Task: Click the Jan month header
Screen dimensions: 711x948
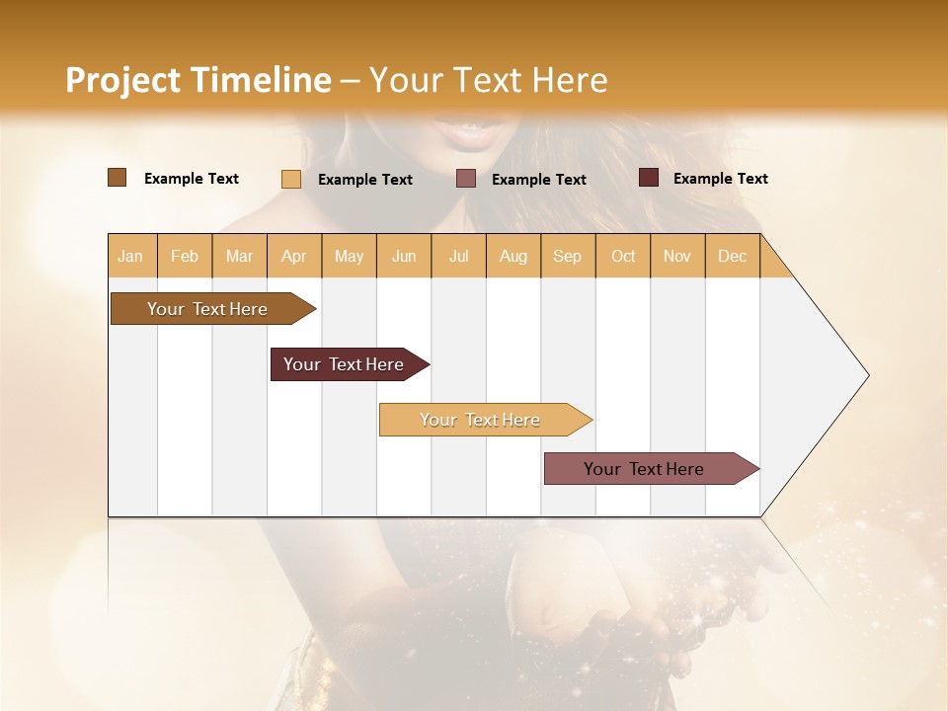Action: [131, 256]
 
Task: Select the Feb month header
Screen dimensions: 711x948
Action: [185, 256]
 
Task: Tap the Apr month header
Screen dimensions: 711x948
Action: [294, 256]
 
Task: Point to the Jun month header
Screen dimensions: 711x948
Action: [404, 256]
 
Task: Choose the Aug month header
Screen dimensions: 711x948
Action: [513, 256]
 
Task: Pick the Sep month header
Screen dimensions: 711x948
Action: [568, 256]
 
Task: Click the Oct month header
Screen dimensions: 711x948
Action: [623, 256]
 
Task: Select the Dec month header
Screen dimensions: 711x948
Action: [733, 256]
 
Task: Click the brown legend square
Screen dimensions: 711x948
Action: [118, 178]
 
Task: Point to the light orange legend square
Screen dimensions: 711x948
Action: [291, 179]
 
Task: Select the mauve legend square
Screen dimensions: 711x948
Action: [466, 179]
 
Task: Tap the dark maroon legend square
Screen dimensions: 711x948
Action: [649, 178]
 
